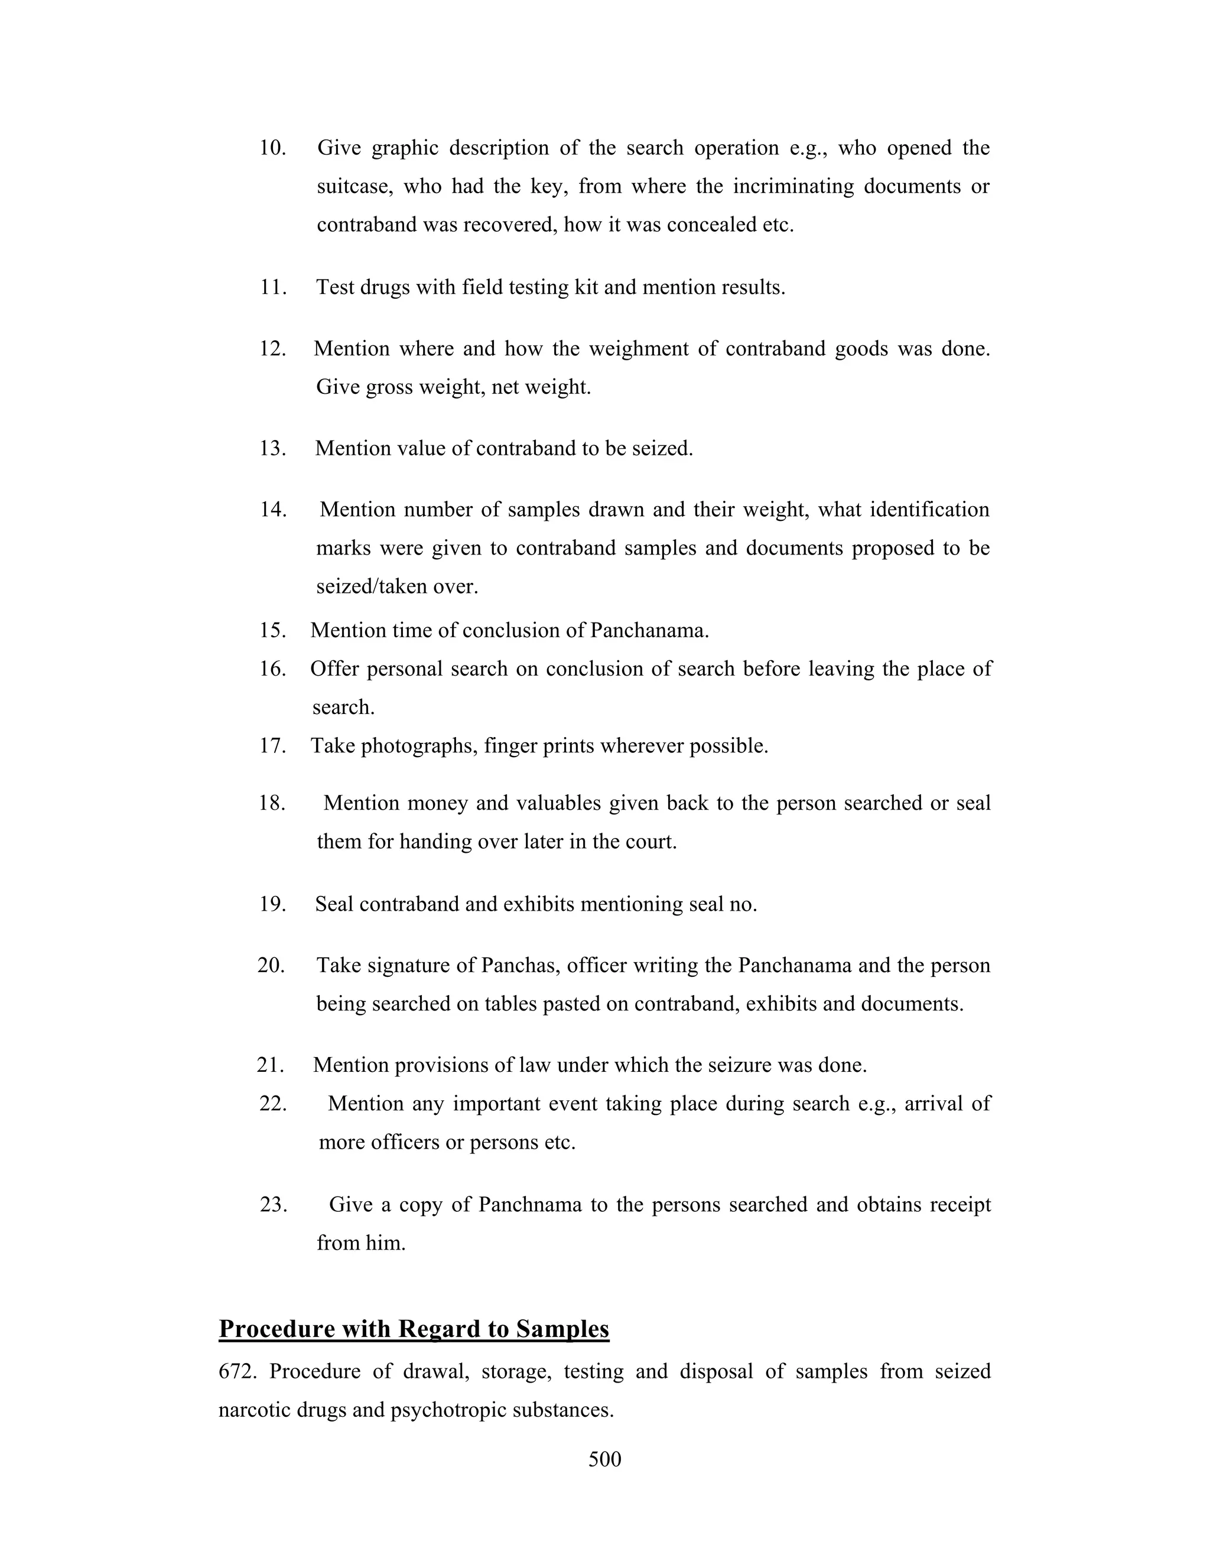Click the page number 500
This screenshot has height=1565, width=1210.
click(x=604, y=1459)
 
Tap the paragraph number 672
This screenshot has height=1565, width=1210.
click(x=239, y=1371)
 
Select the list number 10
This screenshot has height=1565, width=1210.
click(x=272, y=148)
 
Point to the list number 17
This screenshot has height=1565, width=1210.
click(x=272, y=746)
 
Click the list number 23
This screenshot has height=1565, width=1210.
click(x=273, y=1205)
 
